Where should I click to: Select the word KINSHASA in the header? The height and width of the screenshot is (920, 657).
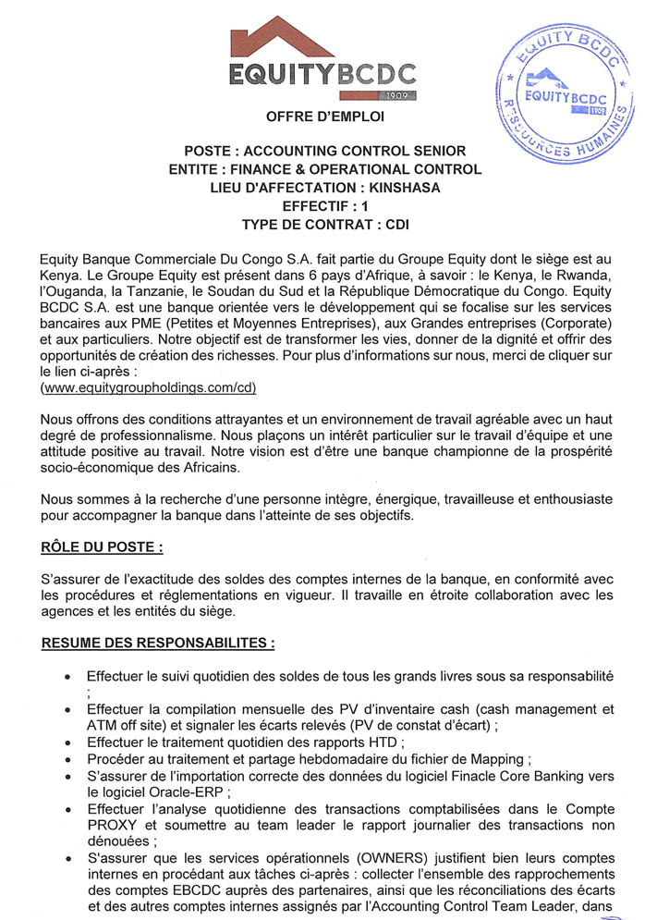pos(398,188)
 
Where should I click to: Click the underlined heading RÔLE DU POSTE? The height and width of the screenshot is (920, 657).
pos(103,547)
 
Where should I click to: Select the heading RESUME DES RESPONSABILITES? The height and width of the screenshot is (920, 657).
pos(158,642)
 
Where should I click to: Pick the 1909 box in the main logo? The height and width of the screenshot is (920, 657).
pos(398,96)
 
